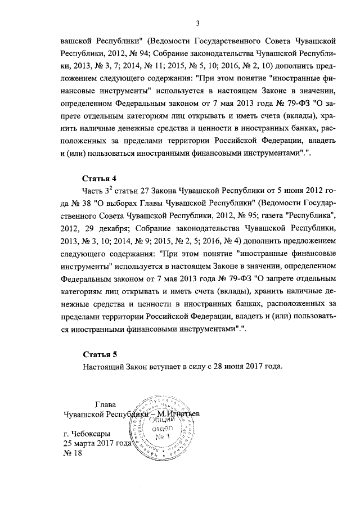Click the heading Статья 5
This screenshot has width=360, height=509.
pyautogui.click(x=100, y=354)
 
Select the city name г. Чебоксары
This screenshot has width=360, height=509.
pyautogui.click(x=87, y=434)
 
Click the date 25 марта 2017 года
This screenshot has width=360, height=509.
pyautogui.click(x=97, y=444)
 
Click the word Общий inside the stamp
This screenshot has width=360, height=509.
pyautogui.click(x=162, y=421)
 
